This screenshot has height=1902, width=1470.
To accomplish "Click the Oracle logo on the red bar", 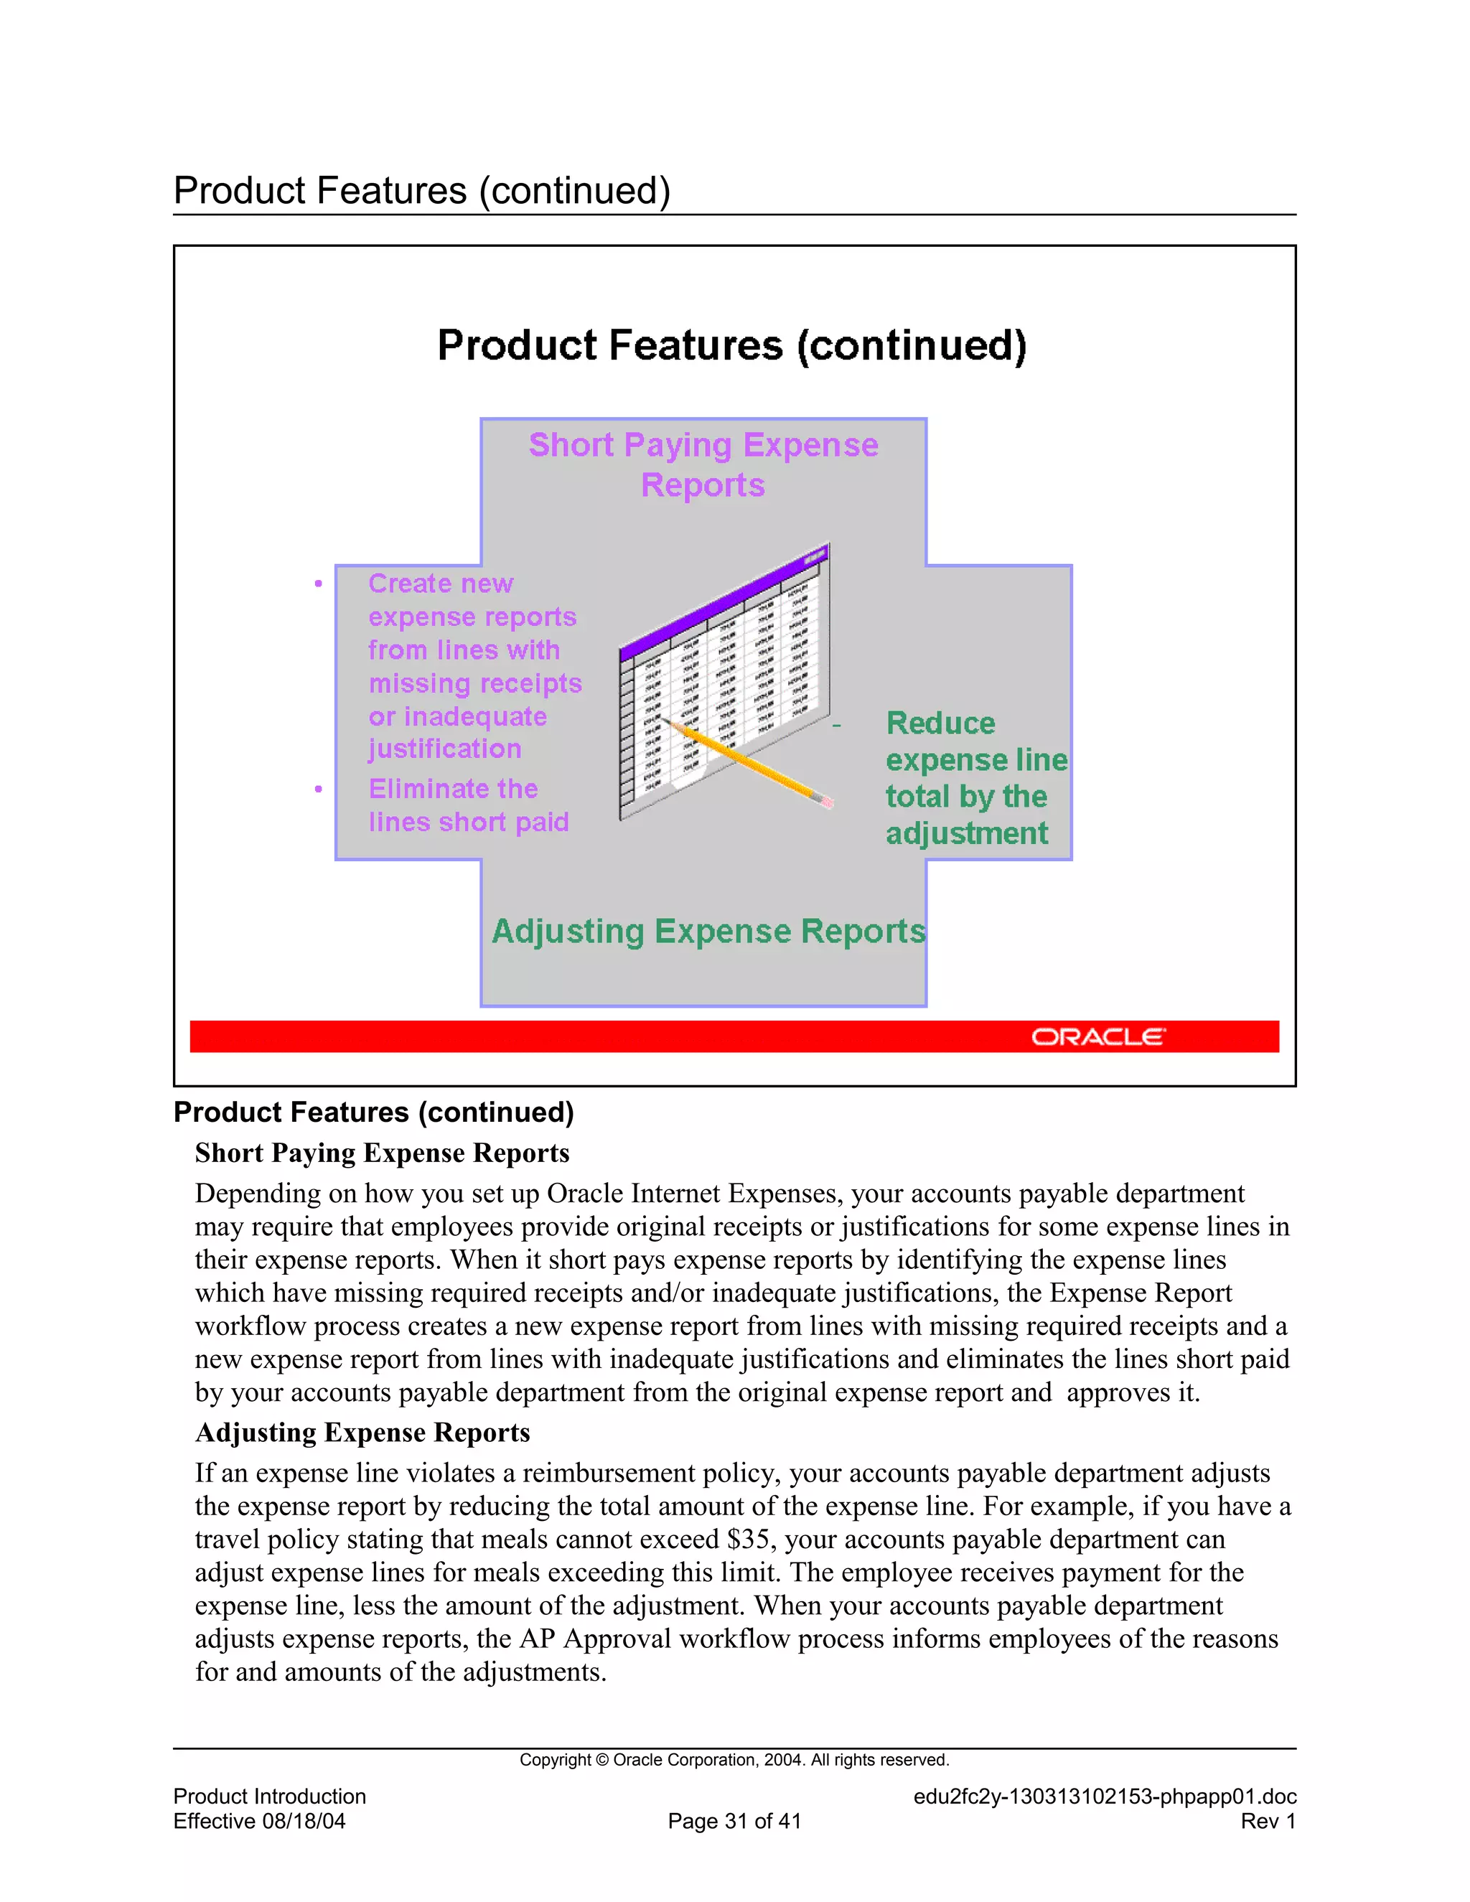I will coord(1097,1036).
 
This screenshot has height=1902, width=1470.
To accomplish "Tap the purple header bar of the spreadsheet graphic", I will coord(723,601).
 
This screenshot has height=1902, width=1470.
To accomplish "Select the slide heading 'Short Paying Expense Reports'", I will coord(703,464).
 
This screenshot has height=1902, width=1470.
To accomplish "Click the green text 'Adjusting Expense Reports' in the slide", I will coord(708,931).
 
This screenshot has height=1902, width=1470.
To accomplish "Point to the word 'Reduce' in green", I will coord(940,723).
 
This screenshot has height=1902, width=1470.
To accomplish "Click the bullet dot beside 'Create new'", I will coord(319,584).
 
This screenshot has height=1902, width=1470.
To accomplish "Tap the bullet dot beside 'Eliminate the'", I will coord(319,789).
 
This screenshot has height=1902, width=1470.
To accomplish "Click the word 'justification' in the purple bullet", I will coord(444,749).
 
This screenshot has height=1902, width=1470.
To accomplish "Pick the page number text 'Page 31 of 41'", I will coord(734,1821).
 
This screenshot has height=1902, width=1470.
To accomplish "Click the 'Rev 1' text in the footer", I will coord(1268,1821).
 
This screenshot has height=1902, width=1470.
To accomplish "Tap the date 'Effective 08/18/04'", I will coord(260,1821).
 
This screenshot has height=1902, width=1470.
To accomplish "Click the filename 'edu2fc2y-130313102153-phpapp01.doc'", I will coord(1104,1796).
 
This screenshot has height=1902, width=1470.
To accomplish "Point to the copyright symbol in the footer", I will coord(603,1760).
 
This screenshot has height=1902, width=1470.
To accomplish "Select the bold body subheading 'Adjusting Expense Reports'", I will coord(362,1433).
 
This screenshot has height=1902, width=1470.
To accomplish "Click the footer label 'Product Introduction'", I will coord(270,1796).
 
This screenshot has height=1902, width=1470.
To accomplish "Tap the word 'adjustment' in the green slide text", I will coord(967,833).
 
